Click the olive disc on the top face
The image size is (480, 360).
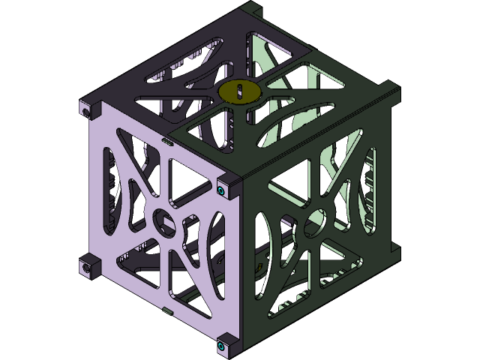238,91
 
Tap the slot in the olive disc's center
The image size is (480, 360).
238,91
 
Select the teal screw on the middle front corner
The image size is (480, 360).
222,190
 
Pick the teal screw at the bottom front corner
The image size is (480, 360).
222,346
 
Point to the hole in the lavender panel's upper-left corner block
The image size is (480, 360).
85,109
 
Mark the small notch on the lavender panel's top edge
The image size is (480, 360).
165,140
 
